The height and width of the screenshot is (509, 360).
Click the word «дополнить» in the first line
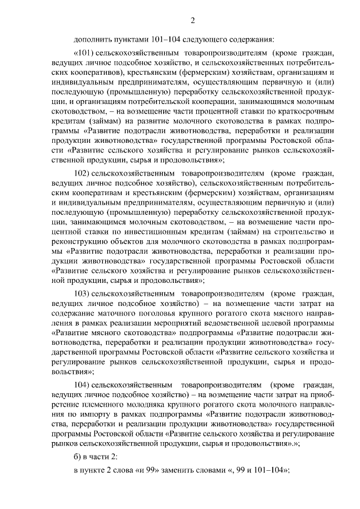coord(91,39)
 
